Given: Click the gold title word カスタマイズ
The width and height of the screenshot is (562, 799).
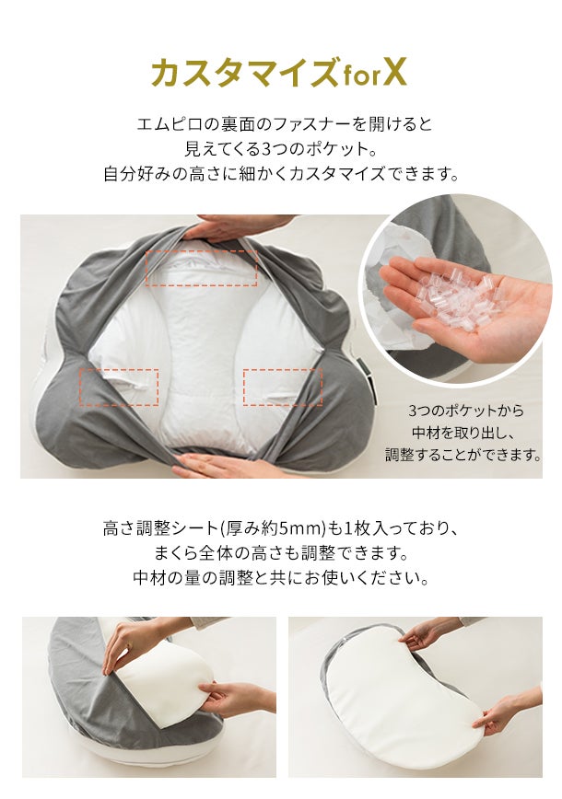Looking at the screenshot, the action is click(x=244, y=74).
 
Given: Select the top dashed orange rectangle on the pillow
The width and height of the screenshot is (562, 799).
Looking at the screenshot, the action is click(x=201, y=268).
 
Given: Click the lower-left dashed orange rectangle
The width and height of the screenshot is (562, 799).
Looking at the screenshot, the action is click(x=119, y=387).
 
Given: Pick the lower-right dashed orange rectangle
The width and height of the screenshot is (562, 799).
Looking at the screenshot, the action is click(x=283, y=387).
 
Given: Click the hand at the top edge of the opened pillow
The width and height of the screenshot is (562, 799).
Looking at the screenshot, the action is click(x=235, y=226).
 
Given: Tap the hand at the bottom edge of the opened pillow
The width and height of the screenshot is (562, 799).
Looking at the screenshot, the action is click(x=219, y=465).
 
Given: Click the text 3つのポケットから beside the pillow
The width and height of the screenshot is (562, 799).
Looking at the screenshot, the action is click(x=466, y=411).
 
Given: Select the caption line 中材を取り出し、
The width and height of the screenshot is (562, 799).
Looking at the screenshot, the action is click(x=463, y=433).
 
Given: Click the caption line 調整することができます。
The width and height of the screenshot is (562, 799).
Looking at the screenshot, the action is click(x=462, y=455).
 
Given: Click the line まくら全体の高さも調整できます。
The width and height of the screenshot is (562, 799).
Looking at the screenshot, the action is click(x=281, y=553).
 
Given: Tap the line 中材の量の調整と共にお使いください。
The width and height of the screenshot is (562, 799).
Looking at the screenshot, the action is click(x=281, y=578).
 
